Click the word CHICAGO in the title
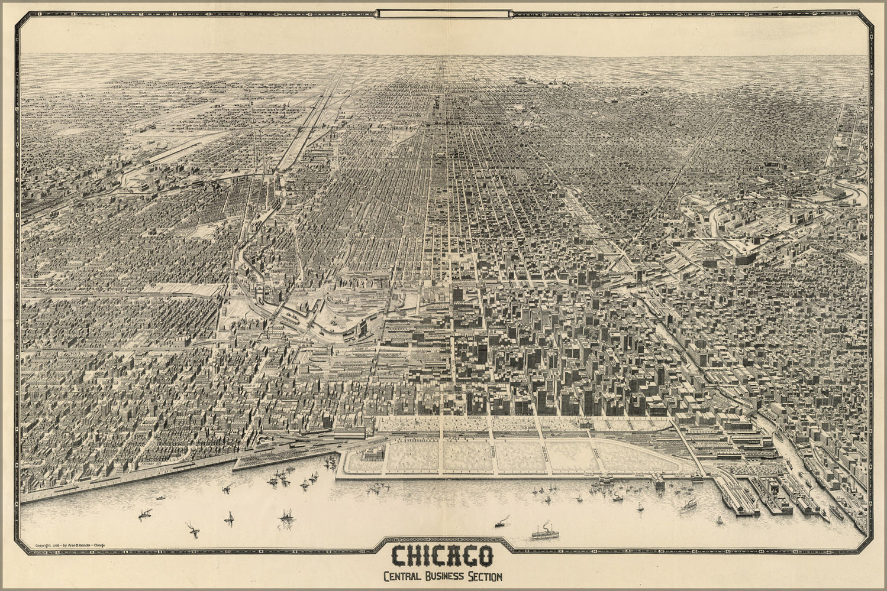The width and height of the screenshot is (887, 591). point(443,556)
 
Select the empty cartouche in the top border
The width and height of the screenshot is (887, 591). point(444,13)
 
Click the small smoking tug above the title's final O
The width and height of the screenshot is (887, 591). point(500,522)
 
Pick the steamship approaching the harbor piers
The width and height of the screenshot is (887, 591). point(689,505)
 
